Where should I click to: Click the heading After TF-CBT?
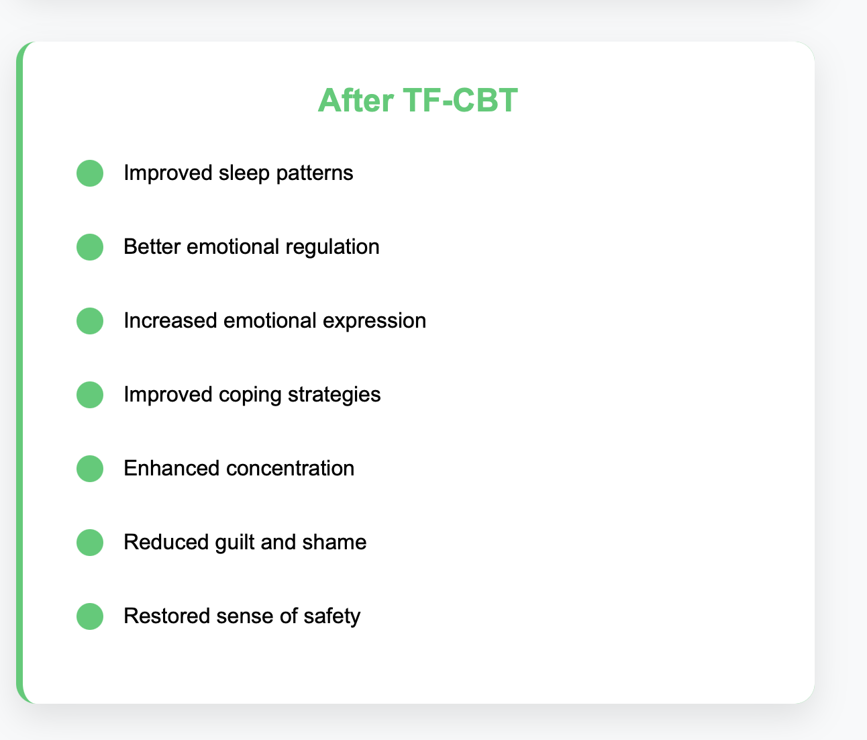[x=418, y=100]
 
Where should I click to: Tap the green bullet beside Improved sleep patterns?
[x=90, y=173]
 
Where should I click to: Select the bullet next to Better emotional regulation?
[x=90, y=247]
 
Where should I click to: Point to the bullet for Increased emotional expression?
[x=90, y=321]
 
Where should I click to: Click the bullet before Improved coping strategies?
[x=90, y=395]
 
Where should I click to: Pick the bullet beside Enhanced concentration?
[x=90, y=469]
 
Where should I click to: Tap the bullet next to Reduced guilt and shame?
[x=90, y=543]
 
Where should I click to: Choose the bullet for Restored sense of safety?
[x=90, y=616]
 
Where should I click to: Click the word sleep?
[x=244, y=173]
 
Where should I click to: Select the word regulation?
[x=333, y=247]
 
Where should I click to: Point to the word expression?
[x=374, y=321]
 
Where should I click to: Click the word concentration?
[x=291, y=469]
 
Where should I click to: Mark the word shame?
[x=334, y=543]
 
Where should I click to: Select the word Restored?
[x=167, y=616]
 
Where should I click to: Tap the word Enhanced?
[x=172, y=469]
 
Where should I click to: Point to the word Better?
[x=152, y=247]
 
